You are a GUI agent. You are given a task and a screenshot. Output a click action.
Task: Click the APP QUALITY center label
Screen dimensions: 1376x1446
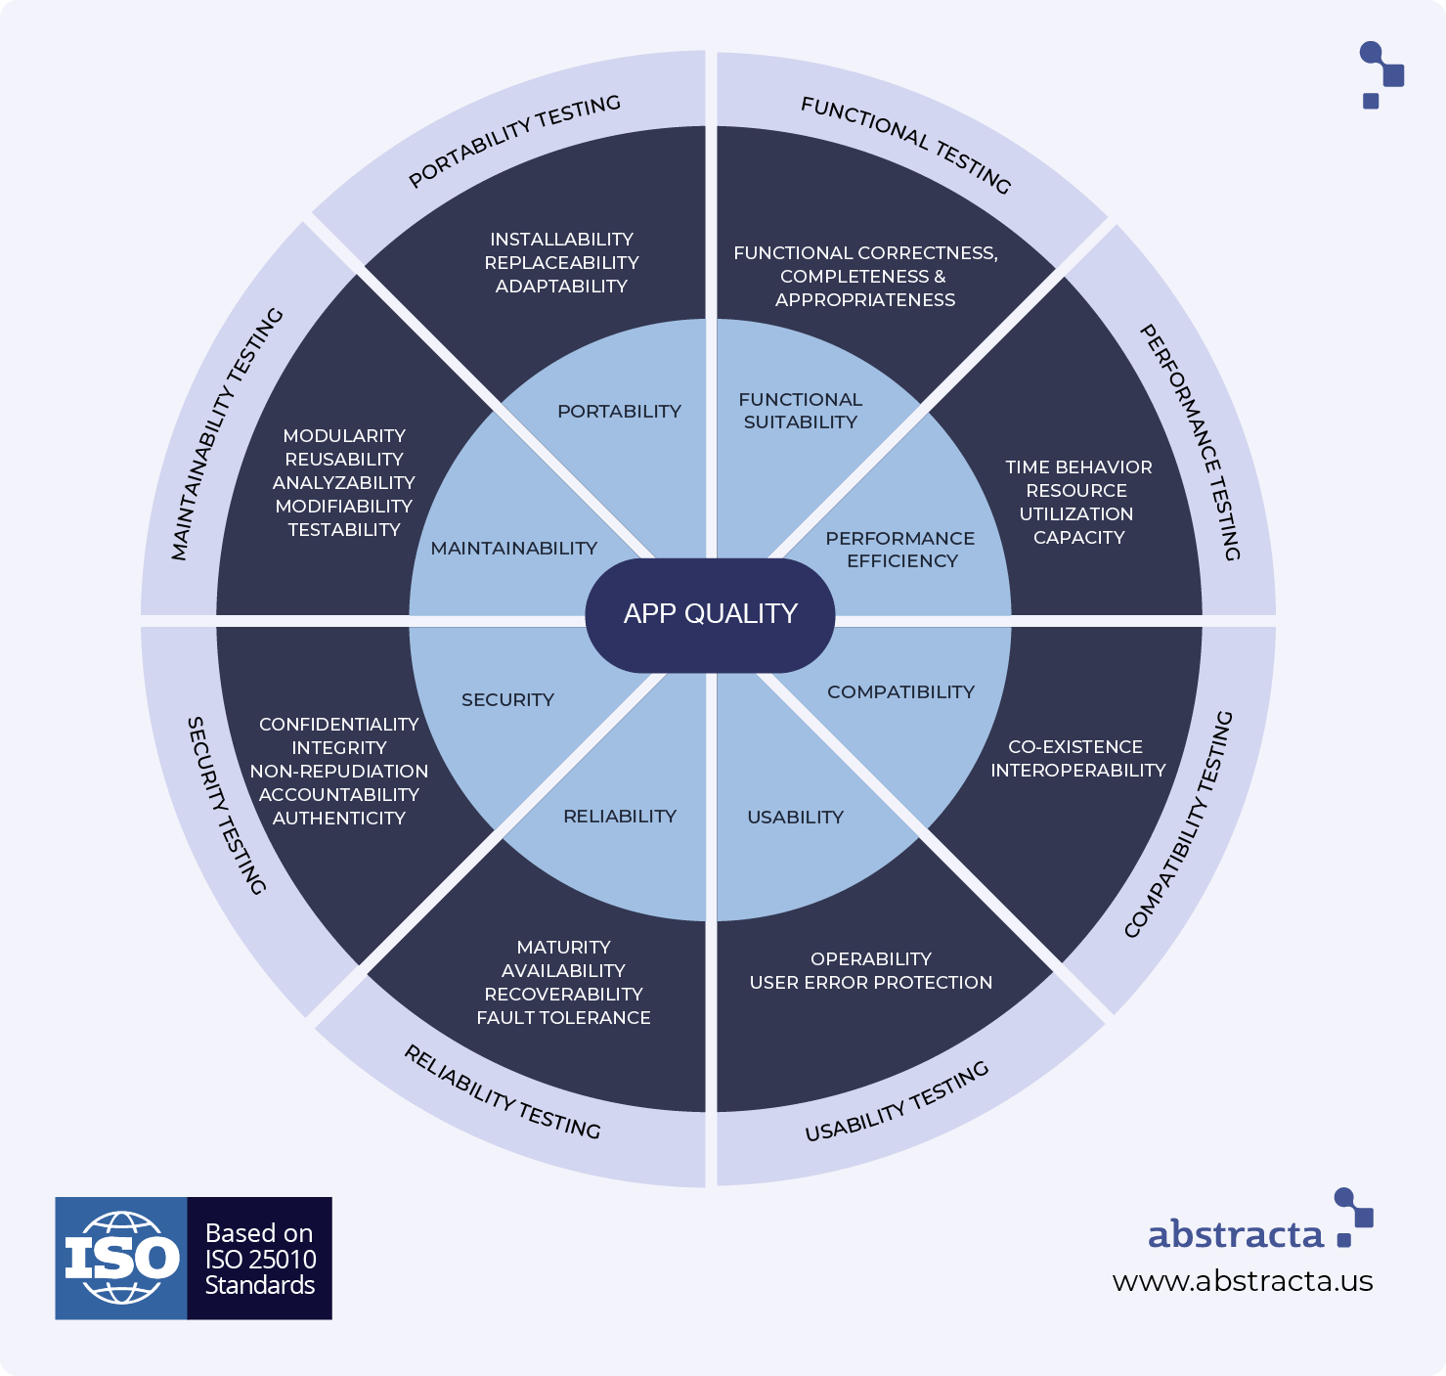click(711, 614)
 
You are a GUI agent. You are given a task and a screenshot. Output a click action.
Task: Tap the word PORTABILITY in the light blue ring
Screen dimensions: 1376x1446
click(619, 412)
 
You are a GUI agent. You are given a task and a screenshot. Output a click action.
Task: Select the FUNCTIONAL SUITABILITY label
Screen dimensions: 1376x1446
click(800, 411)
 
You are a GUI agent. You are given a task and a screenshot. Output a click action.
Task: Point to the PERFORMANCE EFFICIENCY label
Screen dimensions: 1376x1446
click(900, 550)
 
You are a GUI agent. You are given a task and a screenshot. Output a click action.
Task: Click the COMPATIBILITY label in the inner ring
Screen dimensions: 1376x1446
click(900, 692)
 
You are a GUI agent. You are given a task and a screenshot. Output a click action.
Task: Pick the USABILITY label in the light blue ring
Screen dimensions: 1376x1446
click(795, 818)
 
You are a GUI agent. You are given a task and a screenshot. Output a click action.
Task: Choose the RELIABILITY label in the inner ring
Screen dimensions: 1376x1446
click(620, 817)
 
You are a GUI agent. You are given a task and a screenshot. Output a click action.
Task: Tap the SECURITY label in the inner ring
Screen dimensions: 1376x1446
click(507, 700)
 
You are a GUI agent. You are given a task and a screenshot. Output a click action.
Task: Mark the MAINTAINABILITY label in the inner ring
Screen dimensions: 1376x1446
click(513, 549)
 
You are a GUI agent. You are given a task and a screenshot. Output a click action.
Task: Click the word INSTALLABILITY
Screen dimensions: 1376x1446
click(561, 240)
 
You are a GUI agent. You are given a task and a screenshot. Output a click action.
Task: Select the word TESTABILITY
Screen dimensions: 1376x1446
click(344, 530)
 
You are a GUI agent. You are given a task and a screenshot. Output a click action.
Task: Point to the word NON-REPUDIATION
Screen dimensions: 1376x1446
click(339, 772)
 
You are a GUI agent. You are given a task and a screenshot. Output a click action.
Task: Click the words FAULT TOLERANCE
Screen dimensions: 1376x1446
click(563, 1018)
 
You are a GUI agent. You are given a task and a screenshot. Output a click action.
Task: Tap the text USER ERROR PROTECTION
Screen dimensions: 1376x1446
click(870, 983)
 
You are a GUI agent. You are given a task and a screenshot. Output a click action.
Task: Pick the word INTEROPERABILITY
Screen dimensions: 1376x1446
click(1077, 771)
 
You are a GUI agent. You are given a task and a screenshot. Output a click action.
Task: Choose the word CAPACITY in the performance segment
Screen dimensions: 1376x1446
click(1078, 538)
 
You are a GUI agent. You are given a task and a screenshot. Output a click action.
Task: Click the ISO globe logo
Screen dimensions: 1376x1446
click(121, 1258)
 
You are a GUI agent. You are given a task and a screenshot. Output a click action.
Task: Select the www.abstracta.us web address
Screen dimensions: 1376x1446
click(1242, 1281)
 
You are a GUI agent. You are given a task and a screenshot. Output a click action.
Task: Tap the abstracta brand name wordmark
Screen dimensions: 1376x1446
click(1235, 1235)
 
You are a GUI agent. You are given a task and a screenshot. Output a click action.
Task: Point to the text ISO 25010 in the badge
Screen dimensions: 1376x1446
click(260, 1260)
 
